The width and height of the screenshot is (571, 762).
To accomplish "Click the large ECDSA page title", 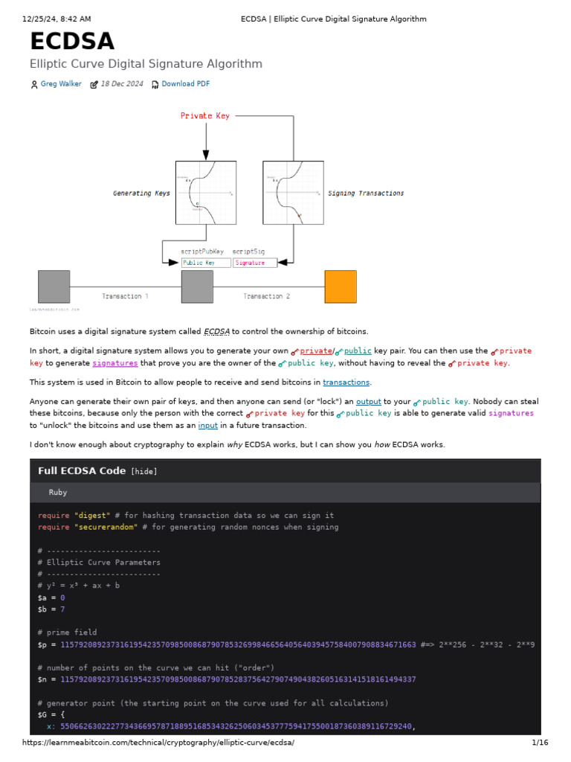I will pos(72,42).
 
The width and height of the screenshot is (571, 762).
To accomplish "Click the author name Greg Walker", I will pos(61,84).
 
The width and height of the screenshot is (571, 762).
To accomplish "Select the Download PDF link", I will pos(185,84).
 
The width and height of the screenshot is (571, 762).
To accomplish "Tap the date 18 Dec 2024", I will pos(122,84).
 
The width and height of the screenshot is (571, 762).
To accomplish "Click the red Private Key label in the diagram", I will pos(205,116).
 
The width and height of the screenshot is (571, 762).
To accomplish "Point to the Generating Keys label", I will pos(141,193).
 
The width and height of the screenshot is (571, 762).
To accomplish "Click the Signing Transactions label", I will pos(366,193).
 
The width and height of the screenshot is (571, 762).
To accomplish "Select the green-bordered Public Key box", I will pos(205,263).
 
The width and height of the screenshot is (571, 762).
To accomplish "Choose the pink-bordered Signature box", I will pos(254,263).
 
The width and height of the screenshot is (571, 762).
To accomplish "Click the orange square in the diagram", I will pos(341,286).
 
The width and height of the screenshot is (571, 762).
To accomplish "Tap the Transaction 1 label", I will pos(124,296).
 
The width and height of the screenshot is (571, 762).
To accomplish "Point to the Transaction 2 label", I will pos(267,296).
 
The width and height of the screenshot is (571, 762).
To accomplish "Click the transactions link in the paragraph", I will pos(346,382).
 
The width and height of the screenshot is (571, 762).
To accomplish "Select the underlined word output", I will pos(369,401).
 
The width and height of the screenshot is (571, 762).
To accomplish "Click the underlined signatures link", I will pos(115,363).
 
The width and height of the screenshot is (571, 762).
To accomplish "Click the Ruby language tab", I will pos(58,493).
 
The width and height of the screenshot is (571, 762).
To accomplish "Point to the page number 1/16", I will pos(540,743).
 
